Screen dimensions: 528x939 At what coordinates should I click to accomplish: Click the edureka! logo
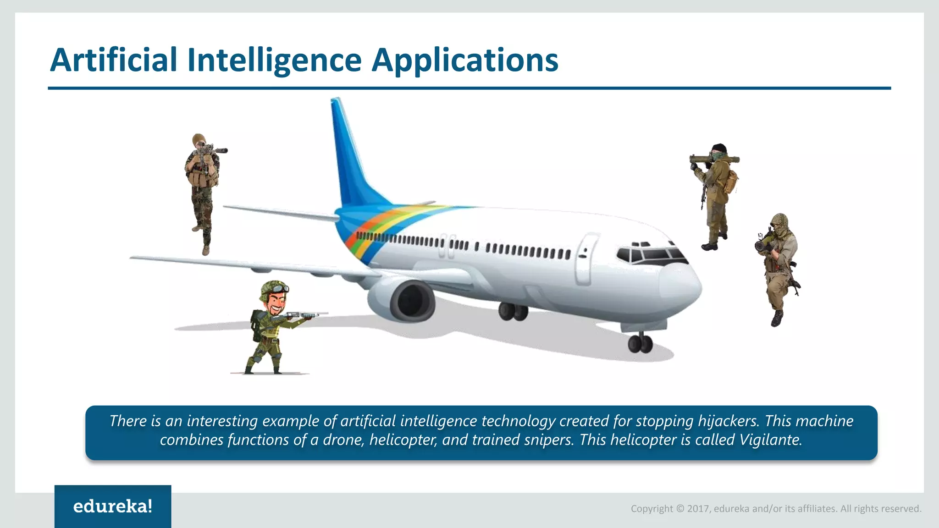pyautogui.click(x=113, y=506)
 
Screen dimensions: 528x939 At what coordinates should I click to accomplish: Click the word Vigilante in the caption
pyautogui.click(x=770, y=440)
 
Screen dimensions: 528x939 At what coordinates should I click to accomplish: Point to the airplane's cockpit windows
pyautogui.click(x=651, y=253)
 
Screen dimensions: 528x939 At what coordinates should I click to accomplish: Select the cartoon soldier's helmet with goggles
pyautogui.click(x=274, y=290)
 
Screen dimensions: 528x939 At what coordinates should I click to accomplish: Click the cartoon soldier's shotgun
pyautogui.click(x=305, y=315)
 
